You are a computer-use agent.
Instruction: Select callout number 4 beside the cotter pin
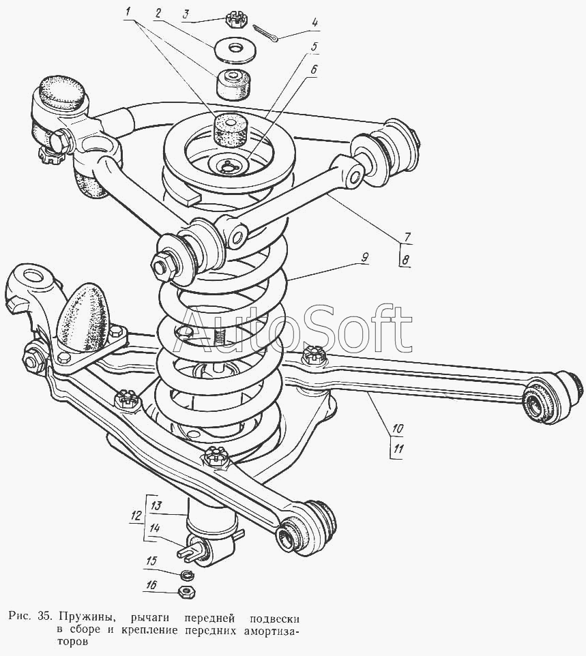pyautogui.click(x=314, y=21)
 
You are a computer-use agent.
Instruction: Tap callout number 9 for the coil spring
pyautogui.click(x=365, y=257)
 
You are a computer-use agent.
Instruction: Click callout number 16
pyautogui.click(x=151, y=585)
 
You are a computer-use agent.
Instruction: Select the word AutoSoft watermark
pyautogui.click(x=297, y=328)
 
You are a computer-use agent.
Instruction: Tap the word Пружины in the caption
pyautogui.click(x=84, y=616)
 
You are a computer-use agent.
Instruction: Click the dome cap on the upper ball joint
pyautogui.click(x=61, y=91)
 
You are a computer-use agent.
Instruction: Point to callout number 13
pyautogui.click(x=156, y=506)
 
